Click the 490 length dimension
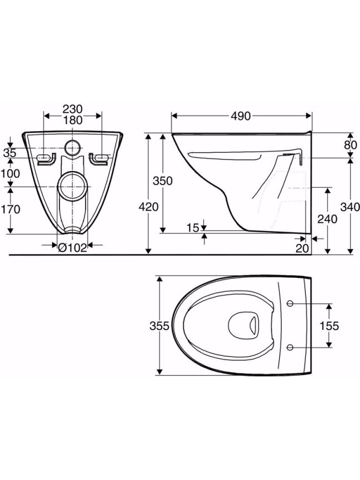(241, 116)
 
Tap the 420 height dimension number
(149, 207)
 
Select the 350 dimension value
(163, 181)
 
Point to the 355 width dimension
(159, 326)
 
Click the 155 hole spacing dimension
(329, 326)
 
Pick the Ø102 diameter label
(73, 248)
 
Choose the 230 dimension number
(73, 109)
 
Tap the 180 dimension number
(73, 120)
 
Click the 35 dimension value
(10, 153)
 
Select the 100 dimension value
(11, 173)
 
